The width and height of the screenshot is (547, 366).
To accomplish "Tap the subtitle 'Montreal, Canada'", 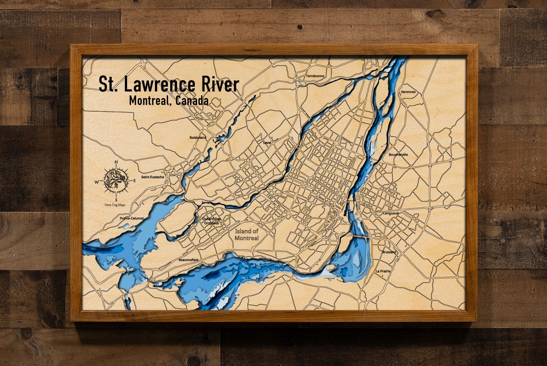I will click(169, 101).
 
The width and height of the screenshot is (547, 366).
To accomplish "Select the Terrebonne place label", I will click(315, 76).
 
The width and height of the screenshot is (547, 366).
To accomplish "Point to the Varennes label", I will click(408, 92).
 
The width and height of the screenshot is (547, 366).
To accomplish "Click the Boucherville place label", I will click(398, 155).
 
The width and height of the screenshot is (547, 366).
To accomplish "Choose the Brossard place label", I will click(389, 252).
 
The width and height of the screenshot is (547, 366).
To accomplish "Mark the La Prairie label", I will click(383, 271).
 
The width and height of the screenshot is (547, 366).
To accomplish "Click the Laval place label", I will click(267, 143).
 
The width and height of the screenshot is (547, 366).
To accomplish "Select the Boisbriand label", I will click(198, 138).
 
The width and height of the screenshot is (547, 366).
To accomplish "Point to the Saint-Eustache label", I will click(153, 177).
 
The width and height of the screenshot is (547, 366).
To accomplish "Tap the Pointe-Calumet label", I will click(132, 218).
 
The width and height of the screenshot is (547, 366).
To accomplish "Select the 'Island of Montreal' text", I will click(246, 234).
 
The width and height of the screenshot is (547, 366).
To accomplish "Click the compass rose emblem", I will click(116, 181).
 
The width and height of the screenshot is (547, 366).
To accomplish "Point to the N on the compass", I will click(116, 162).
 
